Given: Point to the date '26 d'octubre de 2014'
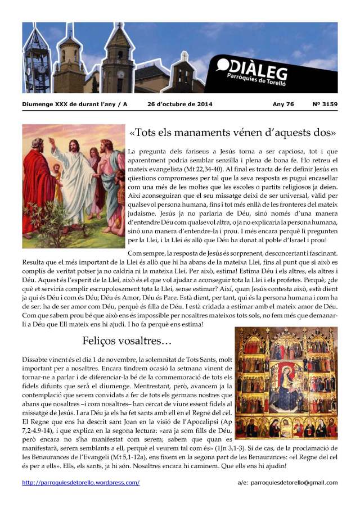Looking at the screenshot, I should tap(177, 105).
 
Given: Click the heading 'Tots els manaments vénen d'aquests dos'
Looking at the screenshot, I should tap(232, 134).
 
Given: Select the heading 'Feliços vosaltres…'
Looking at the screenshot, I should tap(127, 341).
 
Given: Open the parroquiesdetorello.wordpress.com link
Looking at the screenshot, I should tap(81, 483).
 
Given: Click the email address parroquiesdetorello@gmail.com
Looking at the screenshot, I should tap(295, 483).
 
